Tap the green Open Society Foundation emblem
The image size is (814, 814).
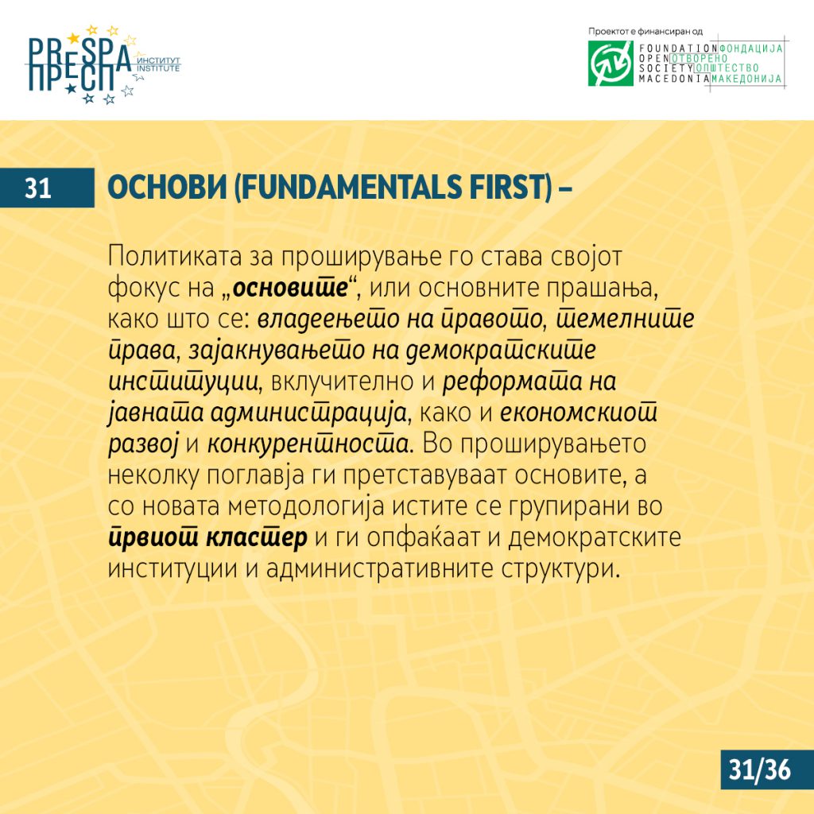click(610, 64)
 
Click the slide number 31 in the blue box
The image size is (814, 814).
click(38, 188)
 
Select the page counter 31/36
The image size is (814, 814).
click(759, 769)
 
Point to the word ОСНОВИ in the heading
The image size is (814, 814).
click(167, 188)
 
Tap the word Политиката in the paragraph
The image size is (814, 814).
click(175, 257)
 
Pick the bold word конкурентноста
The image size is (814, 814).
click(308, 444)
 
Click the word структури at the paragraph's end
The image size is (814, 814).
click(560, 569)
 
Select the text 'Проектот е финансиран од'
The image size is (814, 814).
click(645, 31)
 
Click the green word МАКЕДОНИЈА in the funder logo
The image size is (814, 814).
click(746, 79)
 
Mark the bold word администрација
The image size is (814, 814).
click(308, 413)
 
